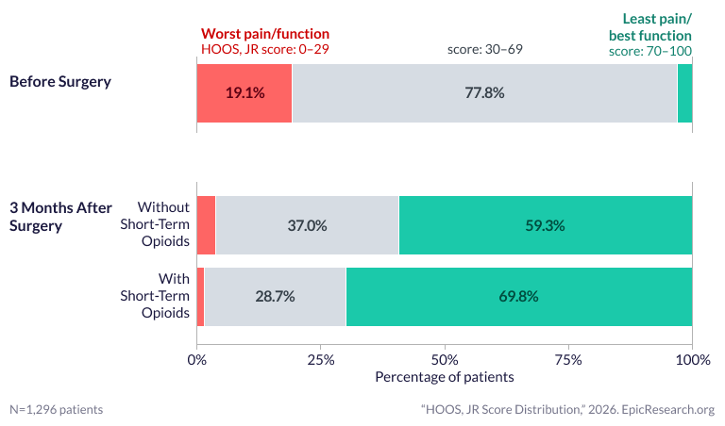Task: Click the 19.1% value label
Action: [x=244, y=93]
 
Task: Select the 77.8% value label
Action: [x=484, y=93]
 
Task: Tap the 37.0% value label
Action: [x=307, y=225]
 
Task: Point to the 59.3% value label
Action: [x=545, y=225]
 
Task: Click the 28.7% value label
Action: [x=275, y=296]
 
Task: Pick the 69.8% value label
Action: [x=518, y=296]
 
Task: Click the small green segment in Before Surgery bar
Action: [x=685, y=93]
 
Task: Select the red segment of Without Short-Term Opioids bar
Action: [x=206, y=225]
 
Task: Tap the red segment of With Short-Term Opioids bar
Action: [x=200, y=296]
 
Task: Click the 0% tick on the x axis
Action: [x=196, y=359]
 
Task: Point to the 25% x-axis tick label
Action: [x=320, y=359]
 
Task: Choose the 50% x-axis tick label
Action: [x=445, y=359]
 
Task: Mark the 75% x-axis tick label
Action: [x=568, y=359]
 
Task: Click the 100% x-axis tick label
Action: [x=692, y=359]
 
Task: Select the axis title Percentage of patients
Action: [x=445, y=377]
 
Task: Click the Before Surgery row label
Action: [x=59, y=81]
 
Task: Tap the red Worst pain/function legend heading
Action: [x=265, y=34]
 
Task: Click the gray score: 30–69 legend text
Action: [x=484, y=49]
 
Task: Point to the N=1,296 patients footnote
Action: [x=57, y=410]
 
